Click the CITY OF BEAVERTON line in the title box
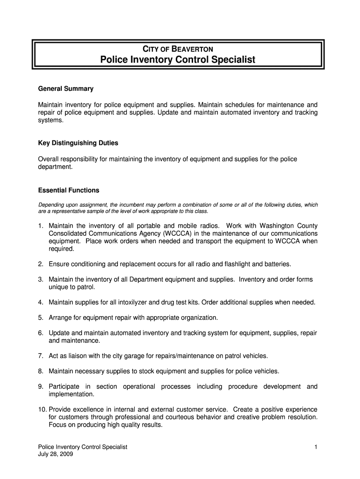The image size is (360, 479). point(178,49)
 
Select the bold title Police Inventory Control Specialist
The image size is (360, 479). point(178,60)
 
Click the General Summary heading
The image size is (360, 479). point(65,88)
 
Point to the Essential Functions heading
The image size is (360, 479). point(68,190)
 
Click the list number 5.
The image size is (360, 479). point(41,318)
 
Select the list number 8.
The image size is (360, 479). point(41,371)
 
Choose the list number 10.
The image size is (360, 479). point(42,409)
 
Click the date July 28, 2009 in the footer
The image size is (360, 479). point(55,454)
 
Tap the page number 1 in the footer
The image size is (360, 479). point(316,447)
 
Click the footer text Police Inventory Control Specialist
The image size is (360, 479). point(82,447)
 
